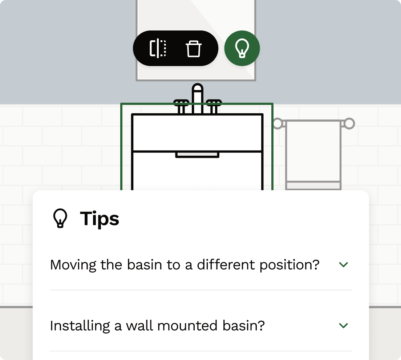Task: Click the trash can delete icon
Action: [194, 49]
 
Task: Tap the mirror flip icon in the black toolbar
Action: [158, 49]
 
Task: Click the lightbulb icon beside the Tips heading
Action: [60, 218]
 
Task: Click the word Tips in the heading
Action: [100, 218]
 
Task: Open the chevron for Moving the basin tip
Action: [343, 265]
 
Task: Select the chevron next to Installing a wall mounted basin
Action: [343, 326]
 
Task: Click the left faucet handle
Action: [181, 106]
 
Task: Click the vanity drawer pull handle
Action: [197, 155]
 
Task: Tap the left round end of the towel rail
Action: [278, 123]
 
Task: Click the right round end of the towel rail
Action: [349, 123]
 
